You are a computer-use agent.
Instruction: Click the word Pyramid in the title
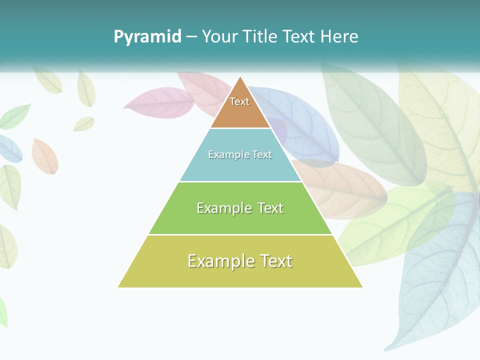(x=147, y=37)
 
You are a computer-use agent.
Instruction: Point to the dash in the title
(x=191, y=37)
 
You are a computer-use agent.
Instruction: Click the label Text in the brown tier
(x=239, y=101)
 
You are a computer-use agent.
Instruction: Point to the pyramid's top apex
(x=240, y=76)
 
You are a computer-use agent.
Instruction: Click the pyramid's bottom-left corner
(x=118, y=287)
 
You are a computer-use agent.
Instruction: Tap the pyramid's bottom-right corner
(x=362, y=287)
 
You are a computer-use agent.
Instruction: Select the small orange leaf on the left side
(x=44, y=155)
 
